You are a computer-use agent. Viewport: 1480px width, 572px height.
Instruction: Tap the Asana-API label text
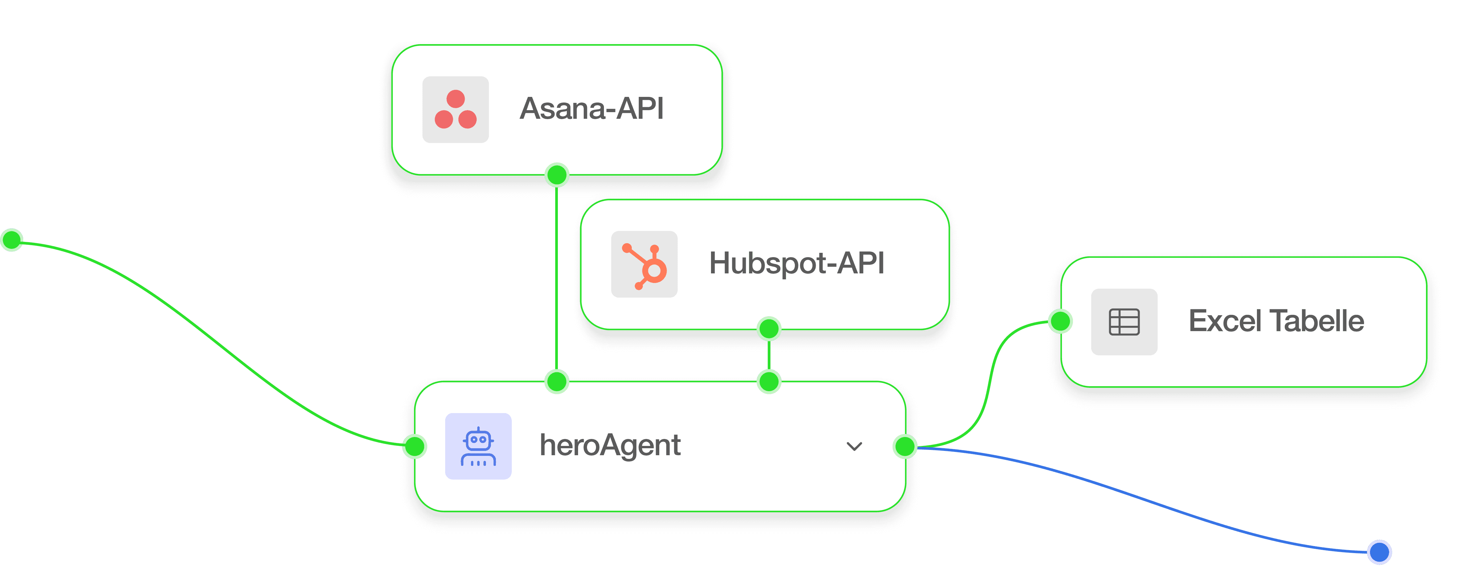pyautogui.click(x=592, y=108)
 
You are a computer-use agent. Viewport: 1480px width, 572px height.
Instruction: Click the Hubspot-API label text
pyautogui.click(x=796, y=263)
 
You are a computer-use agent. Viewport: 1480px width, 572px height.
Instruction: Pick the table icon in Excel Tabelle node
pyautogui.click(x=1124, y=322)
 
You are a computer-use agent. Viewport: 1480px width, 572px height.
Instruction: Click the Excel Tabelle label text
pyautogui.click(x=1276, y=321)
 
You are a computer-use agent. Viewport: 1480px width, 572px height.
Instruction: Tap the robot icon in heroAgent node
pyautogui.click(x=478, y=446)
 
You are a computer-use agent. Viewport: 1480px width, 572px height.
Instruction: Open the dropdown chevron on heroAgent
pyautogui.click(x=854, y=446)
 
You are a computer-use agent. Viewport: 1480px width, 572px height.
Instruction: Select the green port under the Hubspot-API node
pyautogui.click(x=769, y=329)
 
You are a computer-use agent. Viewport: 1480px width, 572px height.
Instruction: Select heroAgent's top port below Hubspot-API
pyautogui.click(x=769, y=381)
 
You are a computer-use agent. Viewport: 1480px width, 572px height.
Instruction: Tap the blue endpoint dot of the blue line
pyautogui.click(x=1380, y=552)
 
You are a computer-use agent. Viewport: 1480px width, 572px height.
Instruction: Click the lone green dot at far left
pyautogui.click(x=12, y=240)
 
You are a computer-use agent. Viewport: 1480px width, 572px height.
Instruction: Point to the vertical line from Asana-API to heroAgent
pyautogui.click(x=556, y=276)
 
